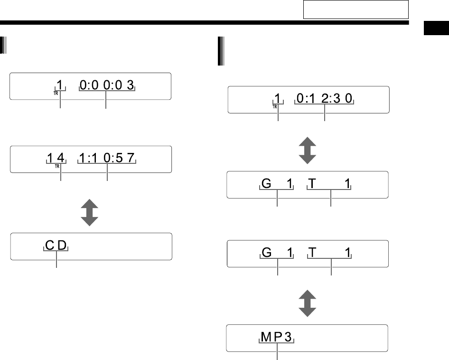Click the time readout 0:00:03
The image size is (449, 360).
point(107,85)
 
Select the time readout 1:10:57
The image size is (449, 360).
point(107,159)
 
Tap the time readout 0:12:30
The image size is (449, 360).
point(325,99)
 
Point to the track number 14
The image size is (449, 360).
point(60,159)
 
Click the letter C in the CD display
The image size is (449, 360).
point(50,246)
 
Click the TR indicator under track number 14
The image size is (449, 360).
point(57,166)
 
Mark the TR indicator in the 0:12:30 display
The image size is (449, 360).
point(274,106)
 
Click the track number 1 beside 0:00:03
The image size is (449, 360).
point(60,85)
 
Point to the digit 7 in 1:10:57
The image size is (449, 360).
point(131,159)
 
